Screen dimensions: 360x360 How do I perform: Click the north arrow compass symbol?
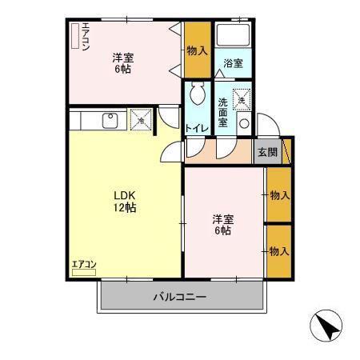coord(326,326)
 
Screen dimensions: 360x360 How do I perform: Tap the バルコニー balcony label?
coord(180,297)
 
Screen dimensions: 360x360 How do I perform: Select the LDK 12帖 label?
coord(125,202)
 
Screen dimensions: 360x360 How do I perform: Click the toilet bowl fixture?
coord(198,93)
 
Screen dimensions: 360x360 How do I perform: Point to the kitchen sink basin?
coord(110,121)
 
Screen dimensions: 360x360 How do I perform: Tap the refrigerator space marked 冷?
coord(141,120)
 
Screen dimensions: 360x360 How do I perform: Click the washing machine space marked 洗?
coord(242,100)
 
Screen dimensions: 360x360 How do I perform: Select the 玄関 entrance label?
coord(267,152)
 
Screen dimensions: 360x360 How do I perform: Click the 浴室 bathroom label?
coord(233,63)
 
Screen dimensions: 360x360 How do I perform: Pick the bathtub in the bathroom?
coord(233,35)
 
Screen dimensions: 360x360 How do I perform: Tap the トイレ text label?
coord(197,129)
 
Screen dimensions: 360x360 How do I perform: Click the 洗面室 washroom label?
coord(222,112)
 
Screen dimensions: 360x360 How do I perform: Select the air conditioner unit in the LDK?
coord(84,272)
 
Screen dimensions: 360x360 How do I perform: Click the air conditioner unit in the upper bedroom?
coord(75,36)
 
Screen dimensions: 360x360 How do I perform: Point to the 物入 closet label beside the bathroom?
coord(198,50)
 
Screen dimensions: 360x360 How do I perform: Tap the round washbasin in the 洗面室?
coord(244,123)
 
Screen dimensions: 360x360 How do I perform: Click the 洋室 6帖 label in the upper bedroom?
coord(123,63)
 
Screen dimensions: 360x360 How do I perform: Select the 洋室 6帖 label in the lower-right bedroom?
coord(223,225)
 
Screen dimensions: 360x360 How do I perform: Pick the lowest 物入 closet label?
coord(279,251)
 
